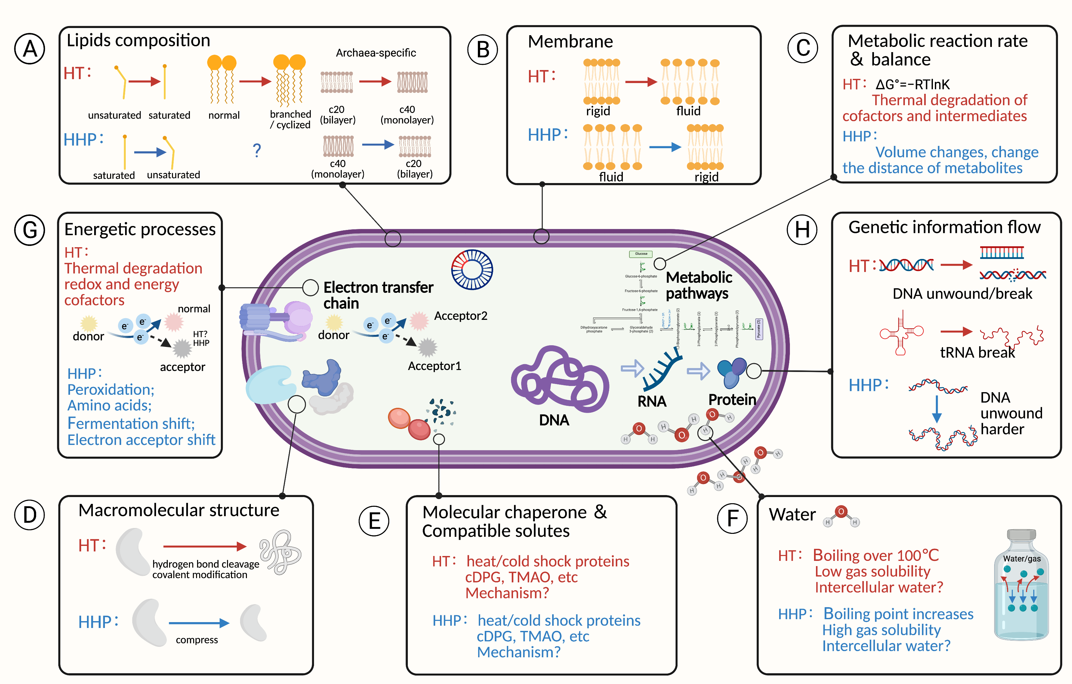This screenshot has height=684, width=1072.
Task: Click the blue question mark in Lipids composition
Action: point(257,150)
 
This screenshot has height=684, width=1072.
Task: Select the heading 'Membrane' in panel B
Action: point(570,41)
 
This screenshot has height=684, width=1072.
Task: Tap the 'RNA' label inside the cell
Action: point(652,401)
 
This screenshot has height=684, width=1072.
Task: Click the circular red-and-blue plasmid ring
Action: point(472,270)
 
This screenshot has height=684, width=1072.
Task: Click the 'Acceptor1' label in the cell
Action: point(435,366)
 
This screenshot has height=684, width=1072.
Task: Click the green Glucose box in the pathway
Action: point(641,254)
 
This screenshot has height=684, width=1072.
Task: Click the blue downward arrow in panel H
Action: point(937,409)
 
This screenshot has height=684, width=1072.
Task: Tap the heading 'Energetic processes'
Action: point(140,229)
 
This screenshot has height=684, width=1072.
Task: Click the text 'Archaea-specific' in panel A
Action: point(376,53)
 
